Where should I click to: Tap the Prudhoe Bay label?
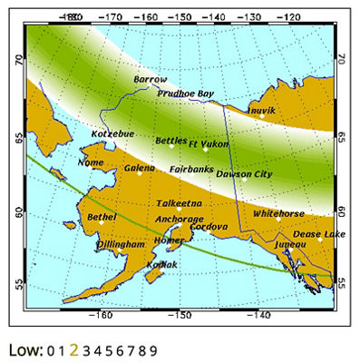coord(186,93)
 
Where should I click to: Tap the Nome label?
coord(92,162)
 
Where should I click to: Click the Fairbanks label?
coord(191,169)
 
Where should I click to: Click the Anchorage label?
coord(179,219)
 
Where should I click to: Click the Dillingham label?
coord(121,244)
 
